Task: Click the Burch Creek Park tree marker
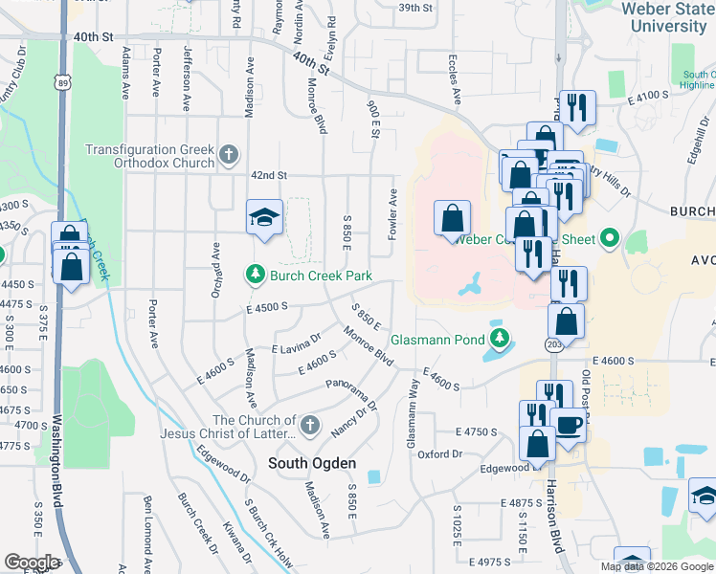[x=256, y=276]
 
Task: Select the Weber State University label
[x=663, y=16]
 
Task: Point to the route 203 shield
[x=553, y=342]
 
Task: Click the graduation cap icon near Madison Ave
[x=263, y=217]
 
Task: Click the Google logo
[x=31, y=563]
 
